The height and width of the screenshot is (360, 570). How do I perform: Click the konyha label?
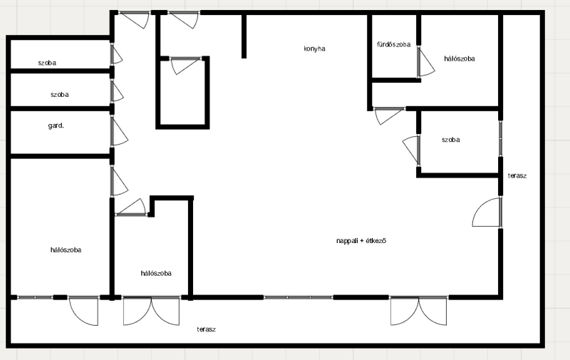314,48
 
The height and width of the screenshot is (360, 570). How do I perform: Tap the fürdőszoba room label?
394,44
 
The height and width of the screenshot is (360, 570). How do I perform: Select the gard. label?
56,125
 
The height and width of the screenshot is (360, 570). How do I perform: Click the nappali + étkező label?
361,241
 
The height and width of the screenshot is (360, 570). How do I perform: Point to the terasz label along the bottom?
207,329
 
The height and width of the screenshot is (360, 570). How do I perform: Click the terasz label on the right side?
517,175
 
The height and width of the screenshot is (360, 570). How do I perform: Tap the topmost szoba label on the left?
47,63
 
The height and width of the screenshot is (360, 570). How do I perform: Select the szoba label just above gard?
60,95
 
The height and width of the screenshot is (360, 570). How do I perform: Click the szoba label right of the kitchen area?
451,140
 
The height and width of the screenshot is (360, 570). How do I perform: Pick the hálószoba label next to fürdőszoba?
460,58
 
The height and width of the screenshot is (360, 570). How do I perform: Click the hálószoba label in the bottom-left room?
66,250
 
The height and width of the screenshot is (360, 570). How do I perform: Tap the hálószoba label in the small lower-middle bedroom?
156,273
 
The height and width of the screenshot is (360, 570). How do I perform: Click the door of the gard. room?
118,131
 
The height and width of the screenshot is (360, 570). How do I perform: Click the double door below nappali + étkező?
419,311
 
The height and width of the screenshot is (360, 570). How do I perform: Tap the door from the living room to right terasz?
487,212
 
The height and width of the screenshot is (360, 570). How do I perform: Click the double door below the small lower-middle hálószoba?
151,311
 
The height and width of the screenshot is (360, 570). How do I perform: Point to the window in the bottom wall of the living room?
298,297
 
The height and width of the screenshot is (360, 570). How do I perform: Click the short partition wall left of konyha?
244,36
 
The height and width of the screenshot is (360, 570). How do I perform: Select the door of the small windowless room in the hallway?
185,66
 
